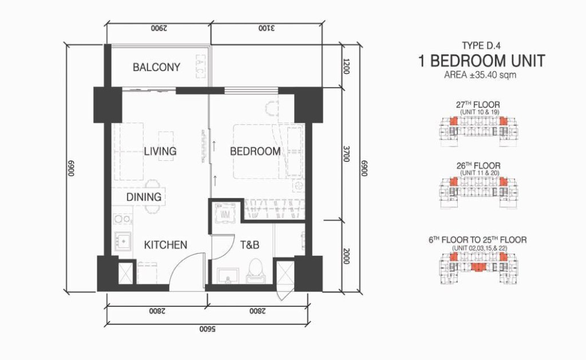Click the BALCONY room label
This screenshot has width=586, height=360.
pos(156,68)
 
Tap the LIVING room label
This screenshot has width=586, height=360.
pos(160,152)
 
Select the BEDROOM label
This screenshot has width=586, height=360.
pos(255,152)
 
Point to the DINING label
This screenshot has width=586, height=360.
pos(144,197)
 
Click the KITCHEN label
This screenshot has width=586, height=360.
pos(165,245)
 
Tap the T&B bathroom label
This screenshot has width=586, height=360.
pos(250,245)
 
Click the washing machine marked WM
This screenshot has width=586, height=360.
pos(225,214)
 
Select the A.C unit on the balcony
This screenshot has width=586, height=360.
pos(200,67)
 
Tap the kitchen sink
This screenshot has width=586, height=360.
pos(123,241)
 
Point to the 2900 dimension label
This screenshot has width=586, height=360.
pos(159,29)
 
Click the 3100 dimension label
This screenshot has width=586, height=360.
pos(267,29)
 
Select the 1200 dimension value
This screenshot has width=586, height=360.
pos(346,66)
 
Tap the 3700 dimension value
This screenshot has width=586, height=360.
pos(346,154)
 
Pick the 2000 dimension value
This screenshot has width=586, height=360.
pos(346,256)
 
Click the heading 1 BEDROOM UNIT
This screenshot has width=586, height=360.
pos(481,61)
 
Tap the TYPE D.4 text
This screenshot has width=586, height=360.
pos(481,46)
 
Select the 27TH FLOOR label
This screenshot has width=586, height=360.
pos(478,105)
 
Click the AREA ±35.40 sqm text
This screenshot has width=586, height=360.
pos(480,75)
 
